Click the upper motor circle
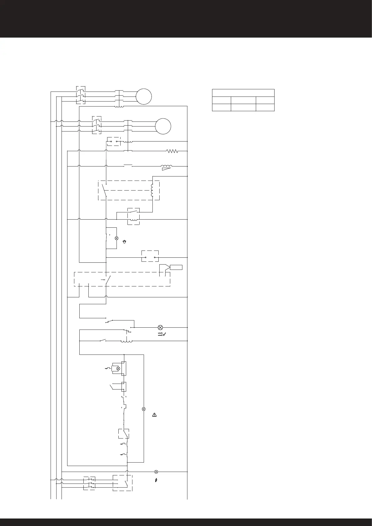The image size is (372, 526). pyautogui.click(x=144, y=97)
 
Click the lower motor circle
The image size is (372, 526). pyautogui.click(x=163, y=127)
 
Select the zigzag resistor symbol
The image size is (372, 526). pyautogui.click(x=172, y=151)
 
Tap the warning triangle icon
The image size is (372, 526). pyautogui.click(x=154, y=415)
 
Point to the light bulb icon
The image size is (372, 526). pyautogui.click(x=124, y=242)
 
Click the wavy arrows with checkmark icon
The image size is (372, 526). pyautogui.click(x=161, y=334)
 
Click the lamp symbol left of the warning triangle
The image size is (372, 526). pyautogui.click(x=144, y=409)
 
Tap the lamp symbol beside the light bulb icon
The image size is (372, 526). pyautogui.click(x=117, y=238)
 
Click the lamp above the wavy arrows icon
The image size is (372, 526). pyautogui.click(x=160, y=327)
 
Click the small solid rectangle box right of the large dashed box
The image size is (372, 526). pyautogui.click(x=176, y=267)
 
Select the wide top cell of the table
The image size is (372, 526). pyautogui.click(x=243, y=93)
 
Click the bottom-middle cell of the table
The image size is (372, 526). pyautogui.click(x=243, y=107)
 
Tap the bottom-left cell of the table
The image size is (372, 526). pyautogui.click(x=221, y=107)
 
